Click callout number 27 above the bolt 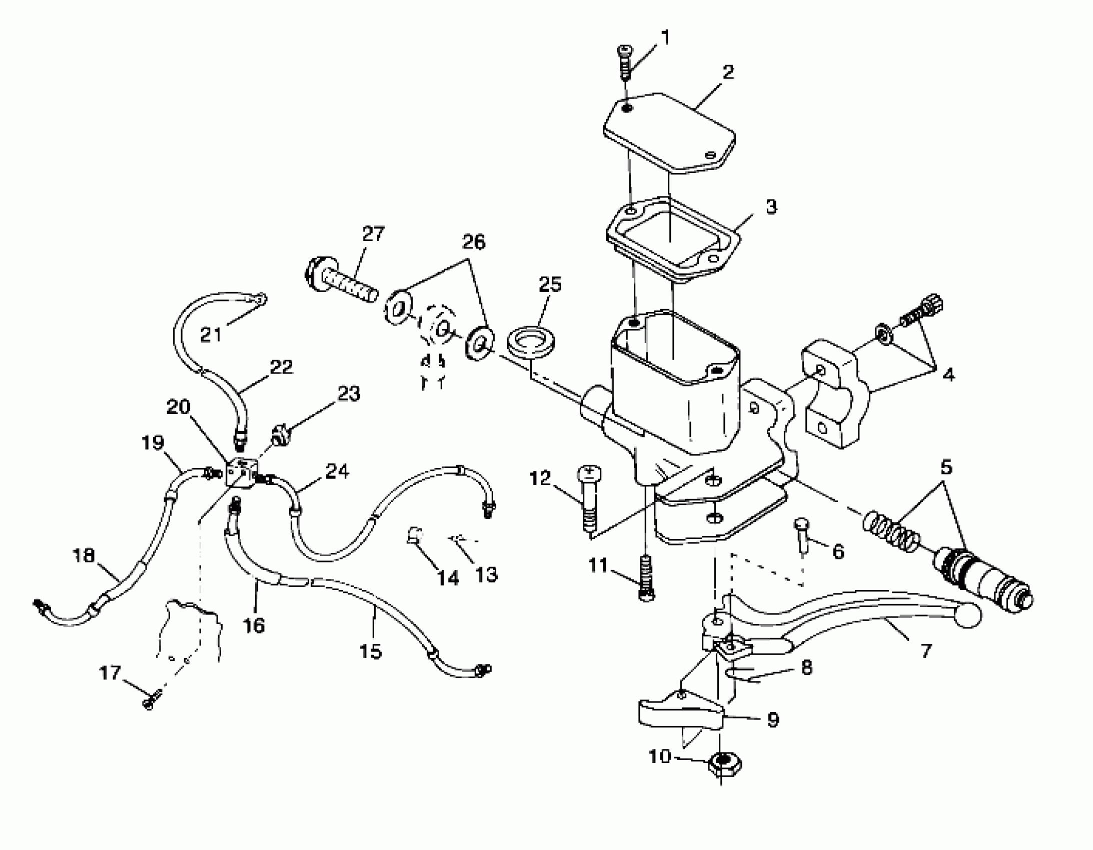click(x=373, y=233)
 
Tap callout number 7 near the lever click(x=926, y=651)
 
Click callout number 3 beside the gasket click(x=771, y=206)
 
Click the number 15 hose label click(x=370, y=651)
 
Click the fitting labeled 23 click(x=280, y=434)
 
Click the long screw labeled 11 click(x=646, y=576)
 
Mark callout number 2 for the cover click(x=728, y=72)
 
